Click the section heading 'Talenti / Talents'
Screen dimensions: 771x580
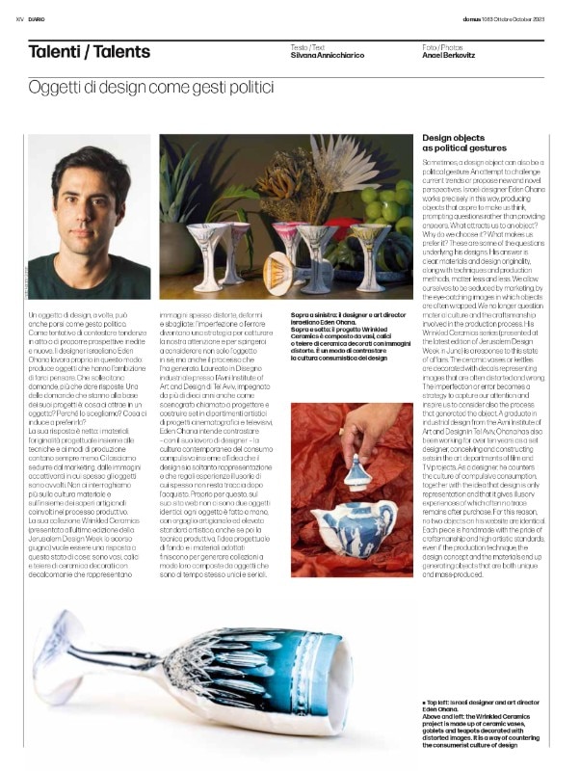(x=89, y=52)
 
